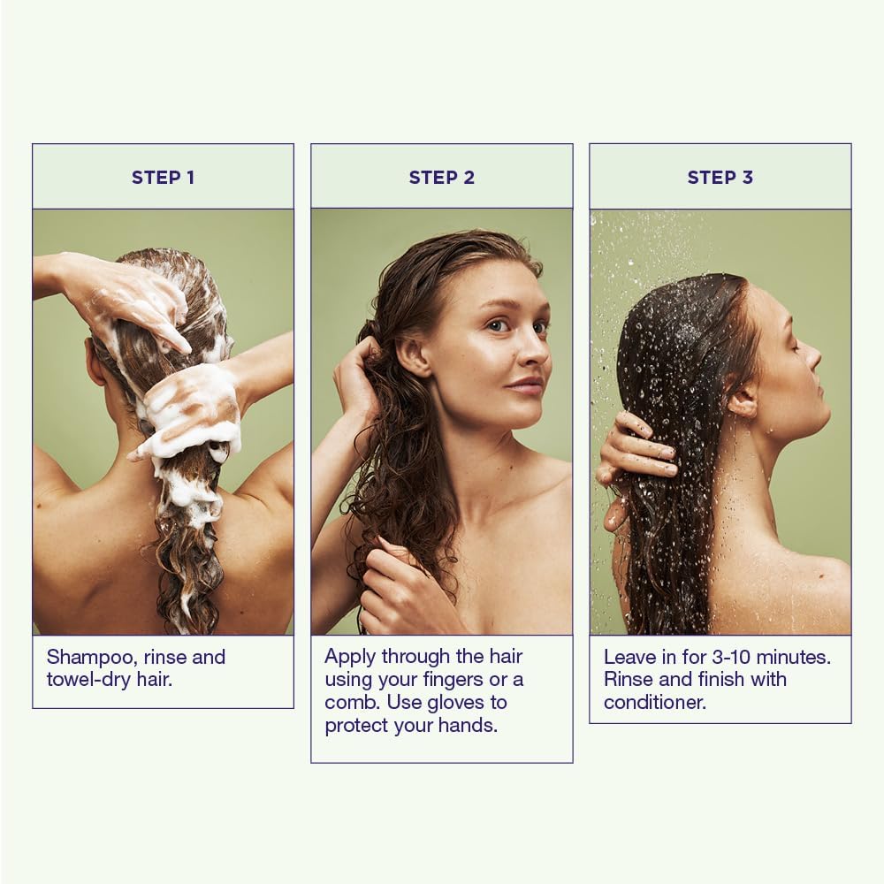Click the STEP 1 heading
(x=163, y=178)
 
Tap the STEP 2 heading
(x=441, y=178)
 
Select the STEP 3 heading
(x=720, y=178)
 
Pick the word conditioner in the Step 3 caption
(x=654, y=703)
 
